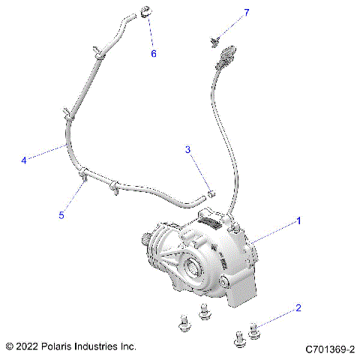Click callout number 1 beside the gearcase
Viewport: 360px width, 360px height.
pyautogui.click(x=298, y=221)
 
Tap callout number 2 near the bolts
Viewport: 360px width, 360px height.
pyautogui.click(x=298, y=307)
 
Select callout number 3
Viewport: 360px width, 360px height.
pyautogui.click(x=189, y=150)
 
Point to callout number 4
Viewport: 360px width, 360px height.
pyautogui.click(x=24, y=160)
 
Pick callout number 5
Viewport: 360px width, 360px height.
pyautogui.click(x=62, y=215)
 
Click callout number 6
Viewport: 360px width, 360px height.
pyautogui.click(x=154, y=53)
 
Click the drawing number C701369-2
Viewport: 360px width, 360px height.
pyautogui.click(x=329, y=349)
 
